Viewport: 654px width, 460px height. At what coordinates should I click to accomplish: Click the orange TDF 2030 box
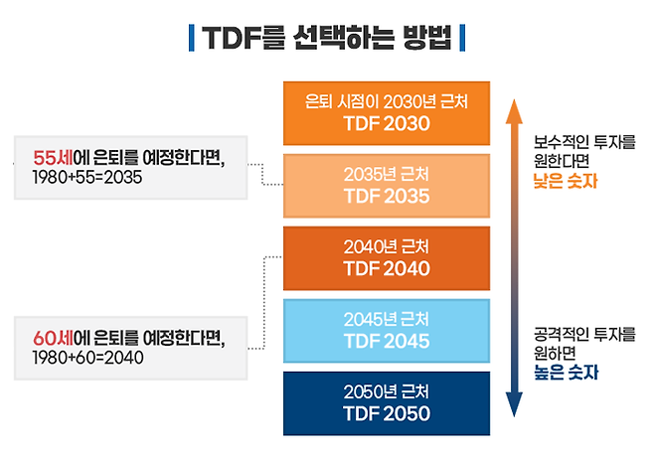(387, 112)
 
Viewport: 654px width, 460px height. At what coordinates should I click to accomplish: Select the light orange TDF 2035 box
(387, 185)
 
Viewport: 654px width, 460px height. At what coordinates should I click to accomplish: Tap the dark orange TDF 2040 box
(387, 257)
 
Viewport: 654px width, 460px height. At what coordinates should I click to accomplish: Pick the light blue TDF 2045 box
(387, 330)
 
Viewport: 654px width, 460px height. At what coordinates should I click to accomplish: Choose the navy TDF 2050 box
(387, 403)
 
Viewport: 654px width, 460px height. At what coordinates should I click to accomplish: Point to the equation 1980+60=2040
(87, 358)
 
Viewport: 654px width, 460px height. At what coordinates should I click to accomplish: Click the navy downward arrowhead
(514, 406)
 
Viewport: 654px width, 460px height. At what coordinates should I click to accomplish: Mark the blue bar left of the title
(190, 39)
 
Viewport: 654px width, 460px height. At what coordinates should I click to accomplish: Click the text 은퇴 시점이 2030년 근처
(387, 101)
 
